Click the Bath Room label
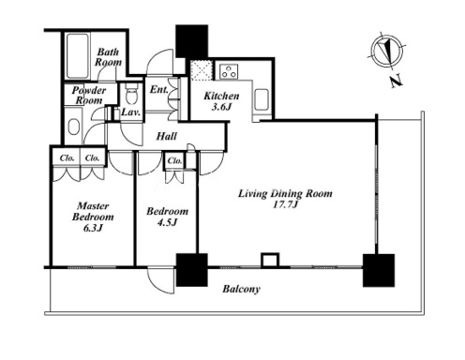[108, 57]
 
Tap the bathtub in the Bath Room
[77, 56]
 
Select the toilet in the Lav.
[130, 94]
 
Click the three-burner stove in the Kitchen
[229, 71]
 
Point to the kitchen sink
[262, 99]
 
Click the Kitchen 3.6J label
[221, 101]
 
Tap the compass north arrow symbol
[387, 51]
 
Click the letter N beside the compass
[397, 81]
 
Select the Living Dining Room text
[285, 193]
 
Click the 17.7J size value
[285, 204]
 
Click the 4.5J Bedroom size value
[167, 222]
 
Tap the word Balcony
[241, 289]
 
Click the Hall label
[167, 136]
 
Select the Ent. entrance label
[158, 89]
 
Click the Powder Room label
[89, 96]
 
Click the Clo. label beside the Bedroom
[174, 160]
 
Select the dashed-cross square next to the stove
[202, 70]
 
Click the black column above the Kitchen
[191, 41]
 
